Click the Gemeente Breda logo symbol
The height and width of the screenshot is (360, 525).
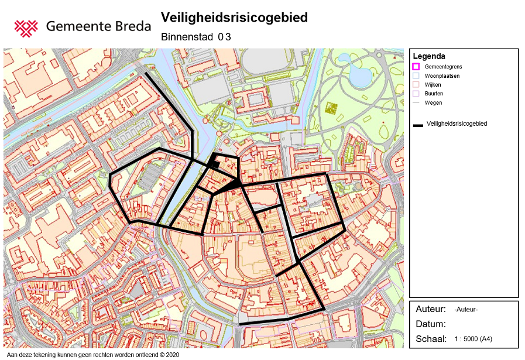[x=26, y=26]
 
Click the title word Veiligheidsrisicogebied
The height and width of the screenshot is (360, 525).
[x=234, y=18]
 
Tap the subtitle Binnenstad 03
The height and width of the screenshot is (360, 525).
[x=196, y=37]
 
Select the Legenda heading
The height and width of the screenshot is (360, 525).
[x=429, y=56]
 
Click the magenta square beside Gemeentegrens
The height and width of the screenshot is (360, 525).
[x=416, y=67]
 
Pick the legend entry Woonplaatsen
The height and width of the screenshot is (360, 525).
[x=441, y=76]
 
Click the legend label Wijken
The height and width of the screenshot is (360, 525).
[x=433, y=85]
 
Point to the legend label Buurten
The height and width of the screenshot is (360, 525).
[x=434, y=94]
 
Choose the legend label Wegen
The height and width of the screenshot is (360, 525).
[x=433, y=102]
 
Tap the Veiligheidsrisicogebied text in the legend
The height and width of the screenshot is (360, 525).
[x=457, y=124]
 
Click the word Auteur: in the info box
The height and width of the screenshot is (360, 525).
[x=431, y=309]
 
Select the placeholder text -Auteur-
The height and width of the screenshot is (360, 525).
[x=466, y=310]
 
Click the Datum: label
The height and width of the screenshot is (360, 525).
[x=431, y=324]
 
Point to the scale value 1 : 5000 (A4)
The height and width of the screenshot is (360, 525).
[x=473, y=339]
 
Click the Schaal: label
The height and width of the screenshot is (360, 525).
[x=431, y=339]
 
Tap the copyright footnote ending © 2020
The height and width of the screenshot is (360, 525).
[x=92, y=355]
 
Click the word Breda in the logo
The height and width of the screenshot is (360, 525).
[x=132, y=26]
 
